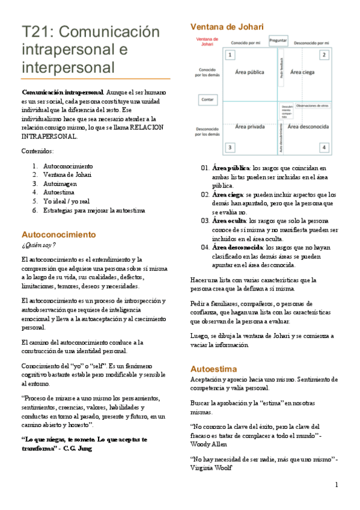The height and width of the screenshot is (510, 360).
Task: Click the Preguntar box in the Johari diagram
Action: (278, 40)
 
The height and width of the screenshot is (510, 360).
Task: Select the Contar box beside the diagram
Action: (208, 99)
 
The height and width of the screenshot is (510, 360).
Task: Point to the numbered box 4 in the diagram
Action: (323, 147)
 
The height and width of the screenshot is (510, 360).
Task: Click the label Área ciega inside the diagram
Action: (304, 72)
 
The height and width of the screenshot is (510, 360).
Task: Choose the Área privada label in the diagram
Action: (249, 126)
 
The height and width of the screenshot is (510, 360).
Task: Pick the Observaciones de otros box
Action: (312, 105)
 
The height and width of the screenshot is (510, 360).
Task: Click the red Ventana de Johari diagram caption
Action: (206, 41)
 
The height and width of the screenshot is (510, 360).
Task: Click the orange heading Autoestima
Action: (213, 368)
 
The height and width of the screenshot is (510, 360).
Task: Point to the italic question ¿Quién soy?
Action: (38, 245)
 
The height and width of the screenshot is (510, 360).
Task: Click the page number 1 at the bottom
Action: (337, 485)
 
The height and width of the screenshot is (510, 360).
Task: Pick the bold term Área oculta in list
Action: (229, 221)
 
